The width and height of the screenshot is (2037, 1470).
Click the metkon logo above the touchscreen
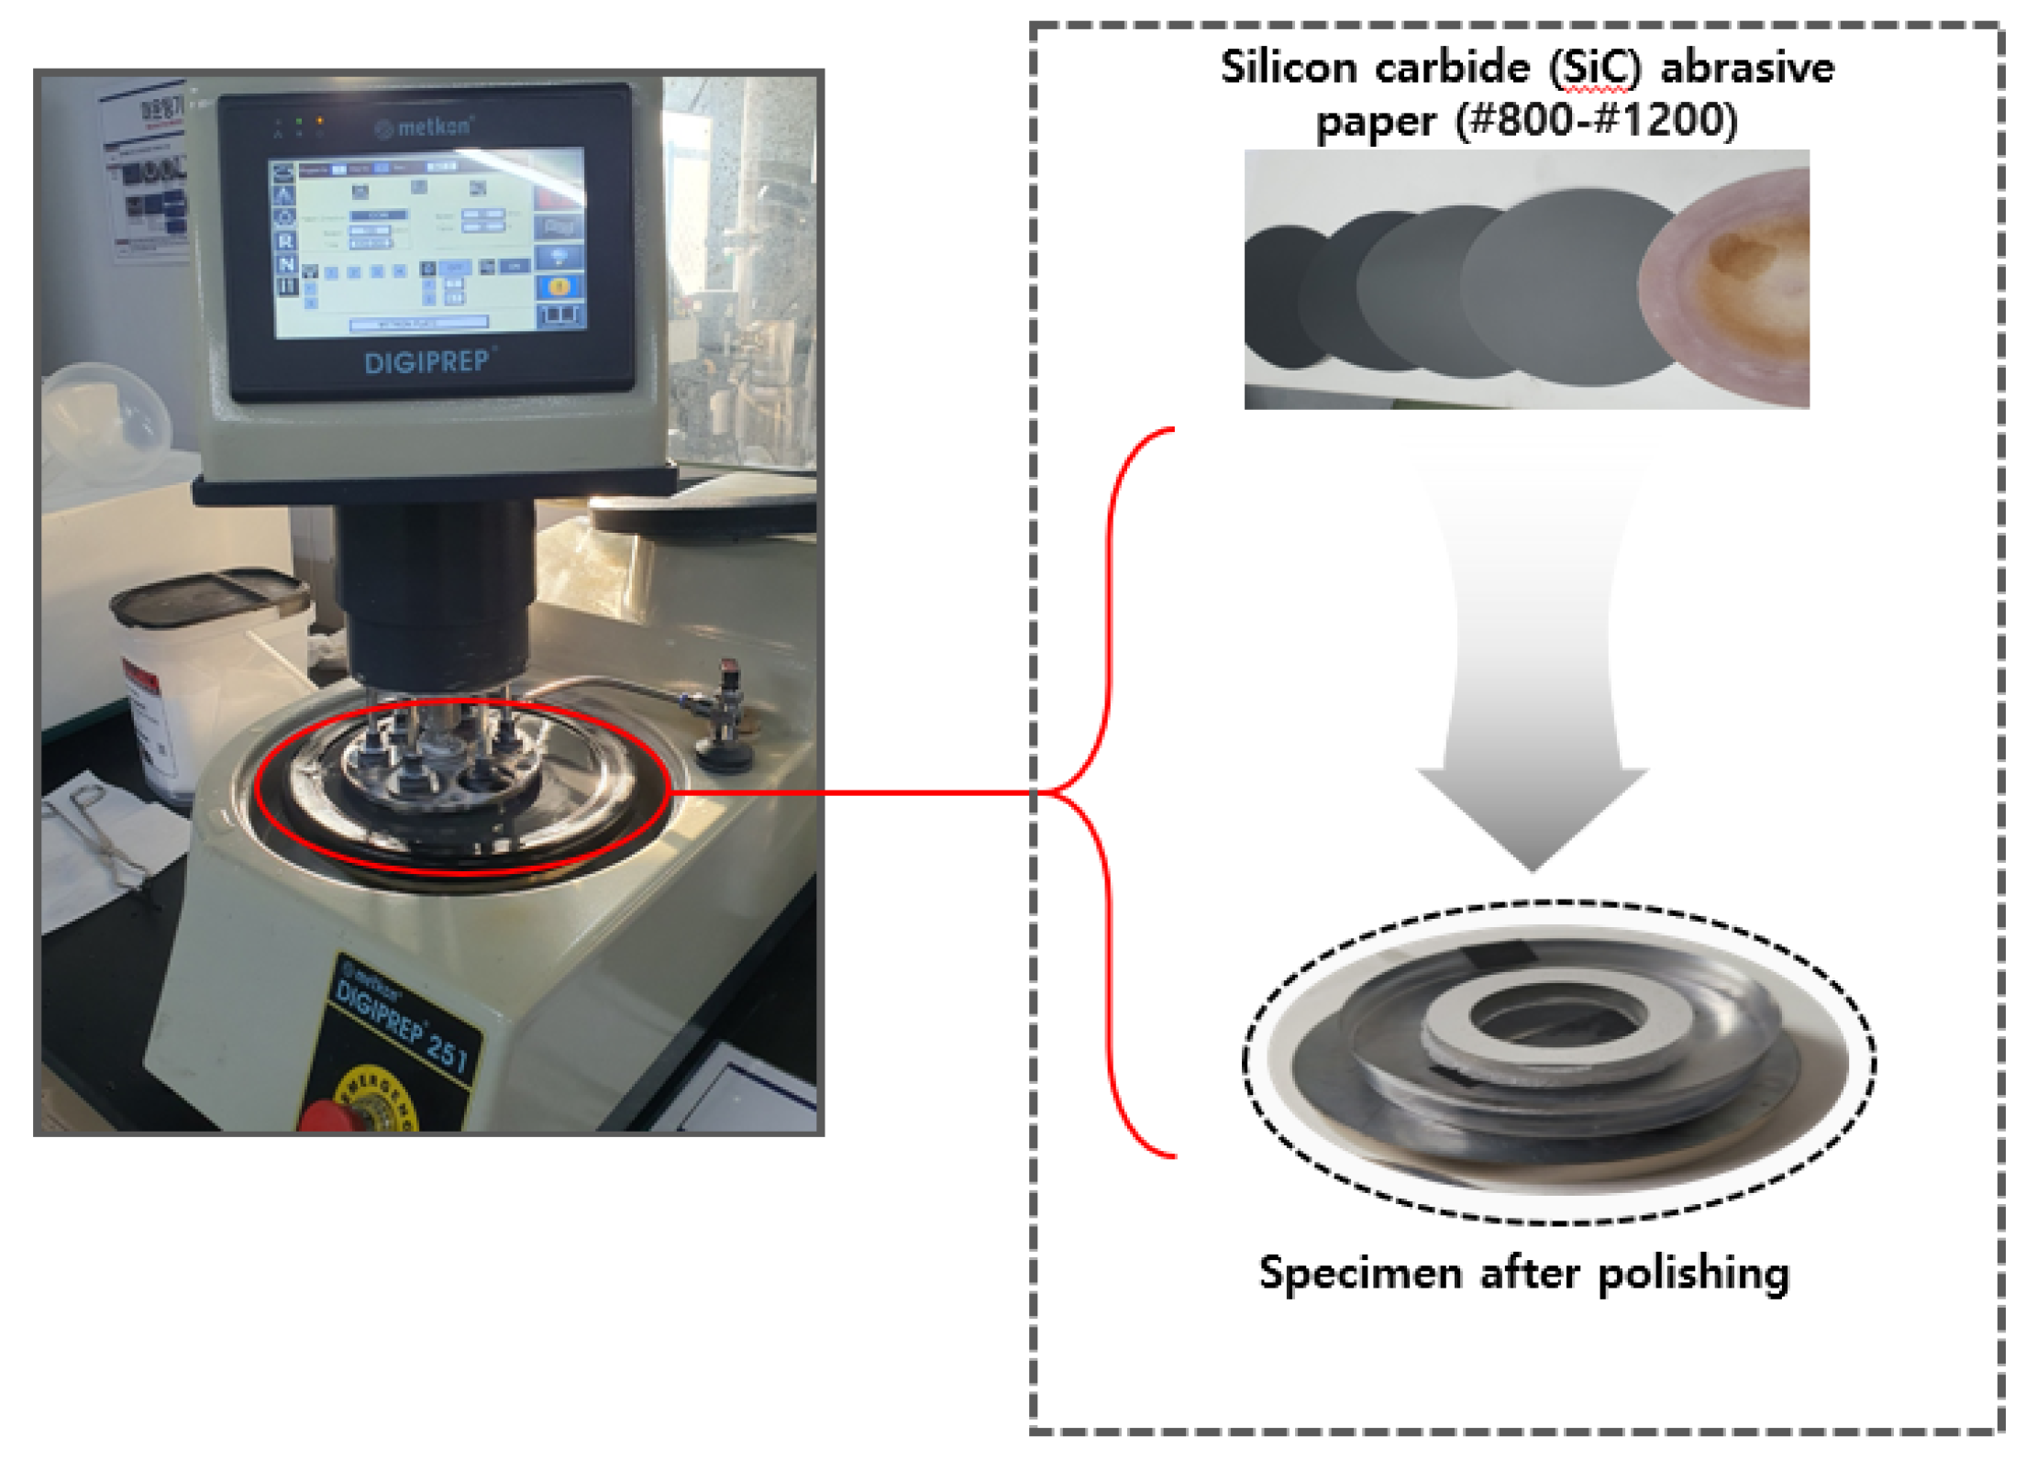click(424, 127)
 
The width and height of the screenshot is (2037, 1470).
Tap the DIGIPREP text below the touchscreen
click(427, 362)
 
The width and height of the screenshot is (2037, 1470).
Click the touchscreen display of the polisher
click(427, 242)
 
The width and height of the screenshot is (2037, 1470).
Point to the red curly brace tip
click(1046, 791)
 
